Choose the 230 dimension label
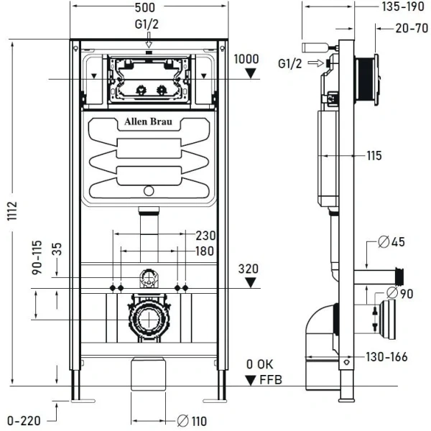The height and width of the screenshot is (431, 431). [x=205, y=235]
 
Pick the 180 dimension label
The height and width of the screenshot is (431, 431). [x=205, y=251]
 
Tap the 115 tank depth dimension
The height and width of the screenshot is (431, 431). [x=373, y=155]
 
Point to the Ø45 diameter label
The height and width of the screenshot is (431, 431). [x=393, y=242]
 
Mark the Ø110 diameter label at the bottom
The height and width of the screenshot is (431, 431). [x=192, y=421]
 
